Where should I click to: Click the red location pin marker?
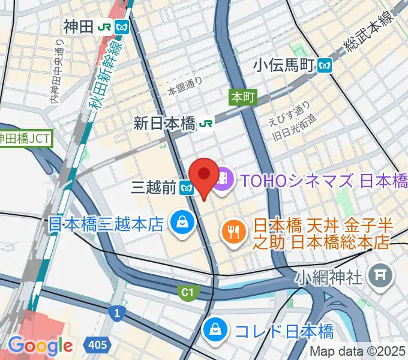point(205,175)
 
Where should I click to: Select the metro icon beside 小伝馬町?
point(326,64)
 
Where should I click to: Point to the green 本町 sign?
point(242,96)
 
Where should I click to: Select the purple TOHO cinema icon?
point(224,178)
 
